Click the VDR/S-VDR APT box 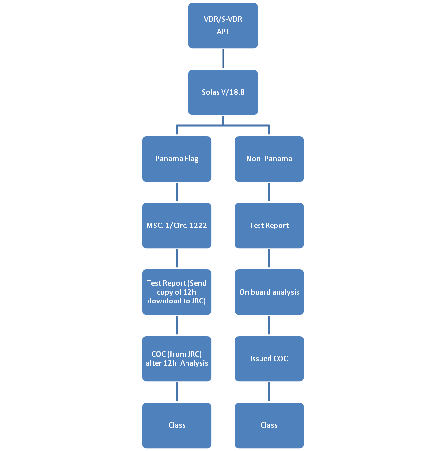click(223, 26)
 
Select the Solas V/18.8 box click(223, 92)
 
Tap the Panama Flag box click(177, 159)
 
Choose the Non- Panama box click(269, 159)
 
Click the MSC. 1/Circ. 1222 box click(177, 225)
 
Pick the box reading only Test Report click(269, 225)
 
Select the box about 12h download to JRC click(177, 292)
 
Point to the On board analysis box click(269, 292)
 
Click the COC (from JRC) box click(177, 358)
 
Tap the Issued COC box click(269, 358)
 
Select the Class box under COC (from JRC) click(177, 425)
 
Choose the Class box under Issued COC click(269, 425)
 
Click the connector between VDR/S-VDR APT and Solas click(223, 59)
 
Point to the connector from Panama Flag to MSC click(177, 192)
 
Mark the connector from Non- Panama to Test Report click(269, 192)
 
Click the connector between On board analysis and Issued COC click(269, 325)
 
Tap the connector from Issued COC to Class click(269, 392)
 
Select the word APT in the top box click(223, 32)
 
